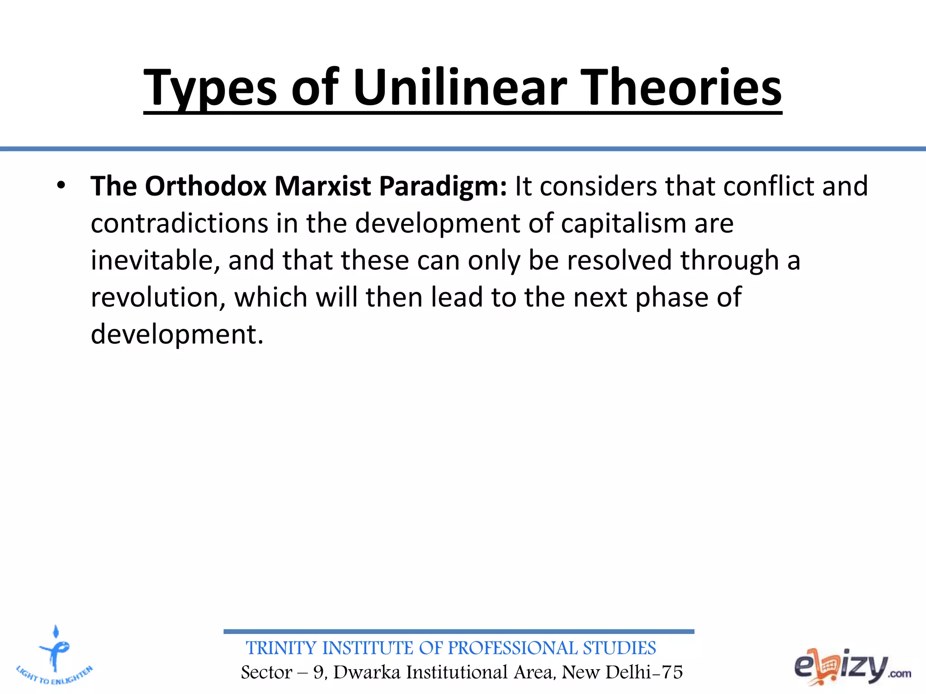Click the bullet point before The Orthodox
click(x=61, y=186)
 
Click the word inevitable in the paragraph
click(x=155, y=261)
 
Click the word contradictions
click(x=180, y=224)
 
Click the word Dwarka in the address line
click(x=367, y=672)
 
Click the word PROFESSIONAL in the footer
click(x=512, y=648)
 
